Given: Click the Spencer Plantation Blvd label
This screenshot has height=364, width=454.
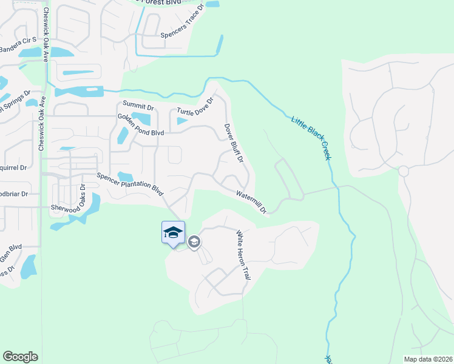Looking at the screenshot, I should coord(131,184).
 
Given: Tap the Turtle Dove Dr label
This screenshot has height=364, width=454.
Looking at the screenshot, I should coord(195,107).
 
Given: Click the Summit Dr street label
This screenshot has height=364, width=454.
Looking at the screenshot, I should coord(138,106).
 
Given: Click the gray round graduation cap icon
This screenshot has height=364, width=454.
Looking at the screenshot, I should coord(194,243).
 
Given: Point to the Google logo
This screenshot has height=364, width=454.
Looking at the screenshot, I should coord(20,357).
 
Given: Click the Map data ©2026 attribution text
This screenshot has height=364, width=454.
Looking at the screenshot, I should coord(427,359).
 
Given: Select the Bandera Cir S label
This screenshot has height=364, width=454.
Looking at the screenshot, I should coord(18,44).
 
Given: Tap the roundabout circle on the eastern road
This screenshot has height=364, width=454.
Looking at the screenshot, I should coord(404,171).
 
